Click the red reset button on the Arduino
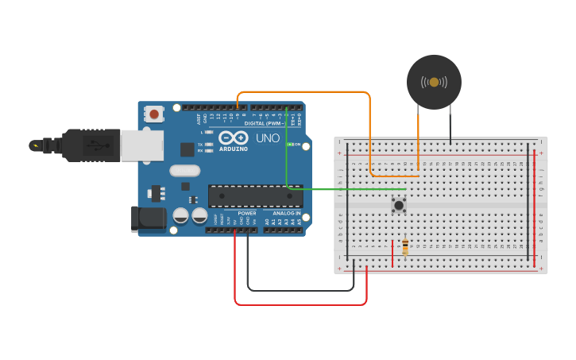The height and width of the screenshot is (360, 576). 153,114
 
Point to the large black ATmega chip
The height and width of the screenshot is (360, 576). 255,196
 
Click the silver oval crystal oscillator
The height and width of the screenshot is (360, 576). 184,170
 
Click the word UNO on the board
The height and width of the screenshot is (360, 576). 268,138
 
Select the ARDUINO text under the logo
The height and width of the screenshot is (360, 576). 233,149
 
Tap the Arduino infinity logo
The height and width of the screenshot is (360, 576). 233,137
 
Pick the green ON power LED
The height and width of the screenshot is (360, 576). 291,145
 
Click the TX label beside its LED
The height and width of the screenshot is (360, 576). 200,144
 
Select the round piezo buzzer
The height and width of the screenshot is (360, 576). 434,82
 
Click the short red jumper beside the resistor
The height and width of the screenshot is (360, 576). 392,253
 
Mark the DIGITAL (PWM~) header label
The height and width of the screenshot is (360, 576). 263,123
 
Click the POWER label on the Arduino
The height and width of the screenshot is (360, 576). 247,213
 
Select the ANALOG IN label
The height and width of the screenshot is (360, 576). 286,213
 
